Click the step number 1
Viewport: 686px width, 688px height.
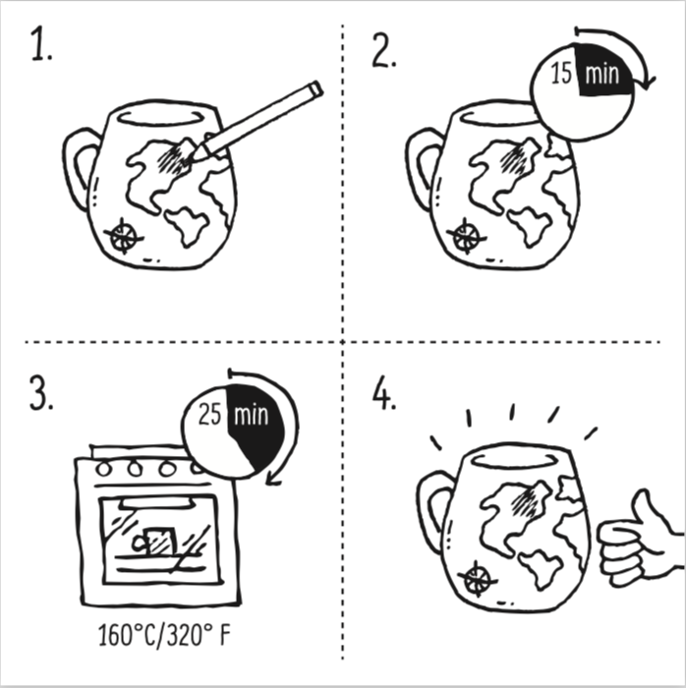click(x=41, y=48)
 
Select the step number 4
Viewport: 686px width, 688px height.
click(x=384, y=393)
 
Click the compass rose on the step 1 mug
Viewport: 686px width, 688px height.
click(x=123, y=235)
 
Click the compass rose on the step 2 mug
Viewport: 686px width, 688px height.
click(x=465, y=235)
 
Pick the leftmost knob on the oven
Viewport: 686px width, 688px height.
click(x=106, y=468)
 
